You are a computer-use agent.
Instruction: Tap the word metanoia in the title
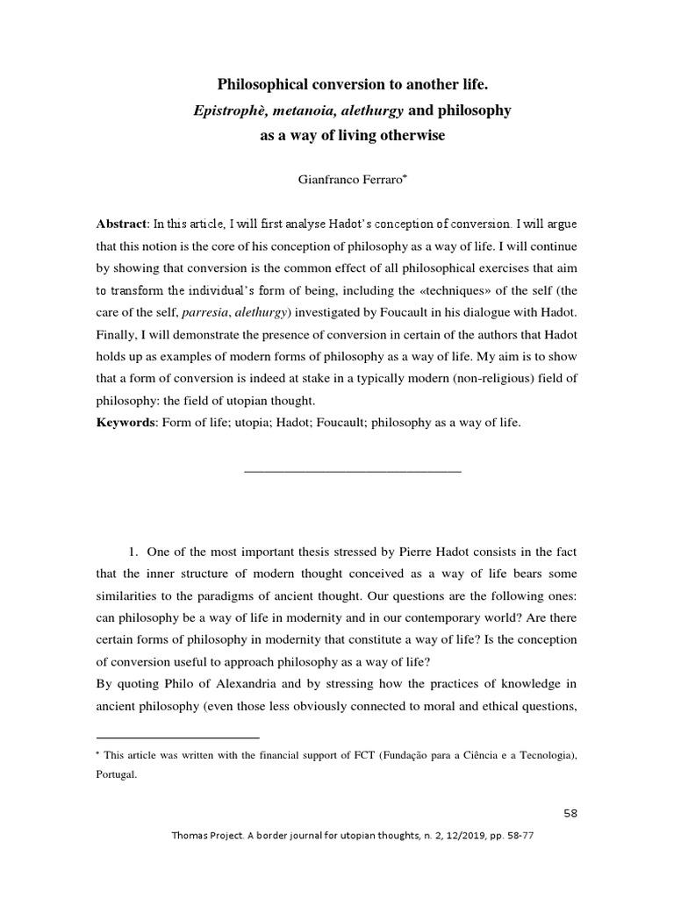296,111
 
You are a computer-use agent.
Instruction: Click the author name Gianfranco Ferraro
348,179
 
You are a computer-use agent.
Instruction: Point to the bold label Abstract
121,224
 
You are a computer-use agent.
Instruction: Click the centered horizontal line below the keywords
351,472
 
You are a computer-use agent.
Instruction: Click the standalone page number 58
570,813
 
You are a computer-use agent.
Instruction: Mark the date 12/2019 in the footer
448,836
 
